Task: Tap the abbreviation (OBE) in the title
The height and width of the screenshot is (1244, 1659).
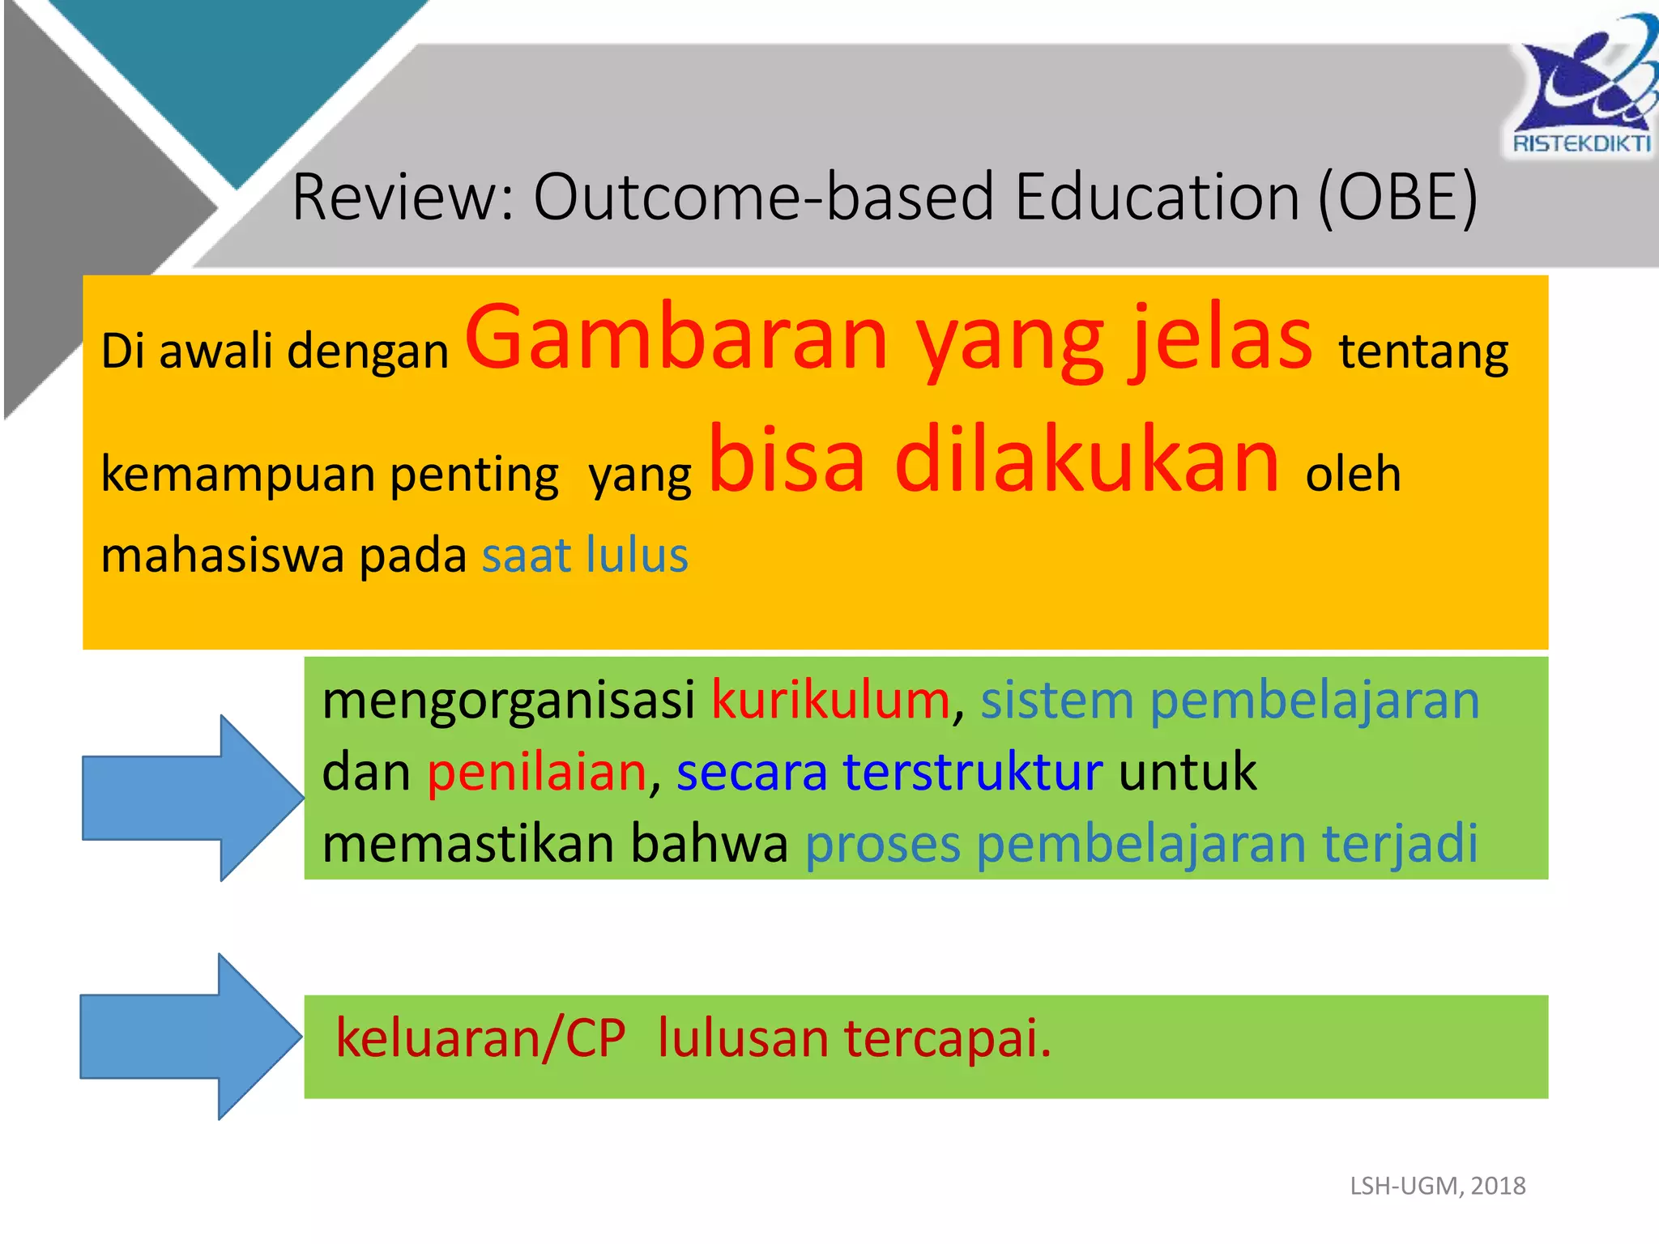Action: pos(1397,197)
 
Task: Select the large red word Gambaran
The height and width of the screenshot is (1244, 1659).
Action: pos(676,339)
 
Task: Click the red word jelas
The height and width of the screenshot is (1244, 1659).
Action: pos(1222,339)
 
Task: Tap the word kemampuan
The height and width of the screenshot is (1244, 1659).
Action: pos(237,475)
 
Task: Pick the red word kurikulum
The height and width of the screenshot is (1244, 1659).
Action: pos(830,700)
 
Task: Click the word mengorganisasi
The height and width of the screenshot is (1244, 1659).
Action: pos(509,700)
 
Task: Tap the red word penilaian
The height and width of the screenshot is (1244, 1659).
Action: pos(536,771)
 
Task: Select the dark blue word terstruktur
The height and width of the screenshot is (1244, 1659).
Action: pos(972,771)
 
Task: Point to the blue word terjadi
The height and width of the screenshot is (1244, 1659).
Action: pos(1400,844)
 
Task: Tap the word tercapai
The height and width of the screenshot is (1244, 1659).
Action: pos(947,1038)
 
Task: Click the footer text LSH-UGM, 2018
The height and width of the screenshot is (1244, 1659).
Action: pos(1437,1186)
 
